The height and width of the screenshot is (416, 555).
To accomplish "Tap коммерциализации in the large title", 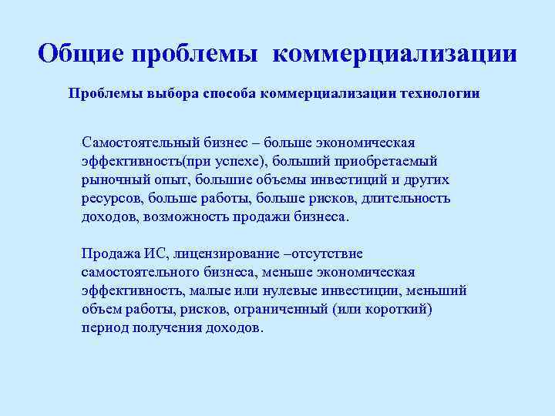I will tap(395, 54).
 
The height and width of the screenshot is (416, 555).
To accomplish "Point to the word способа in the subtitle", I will tap(229, 94).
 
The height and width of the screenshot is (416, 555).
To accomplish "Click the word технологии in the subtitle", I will tap(439, 94).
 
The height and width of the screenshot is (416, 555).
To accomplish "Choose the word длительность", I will tap(408, 199).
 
